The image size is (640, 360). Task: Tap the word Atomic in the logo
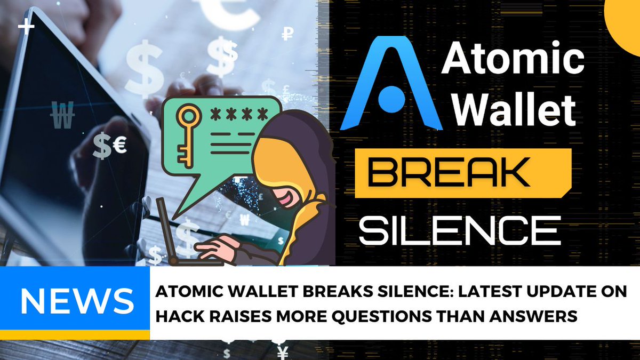513,60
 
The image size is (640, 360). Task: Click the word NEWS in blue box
77,301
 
